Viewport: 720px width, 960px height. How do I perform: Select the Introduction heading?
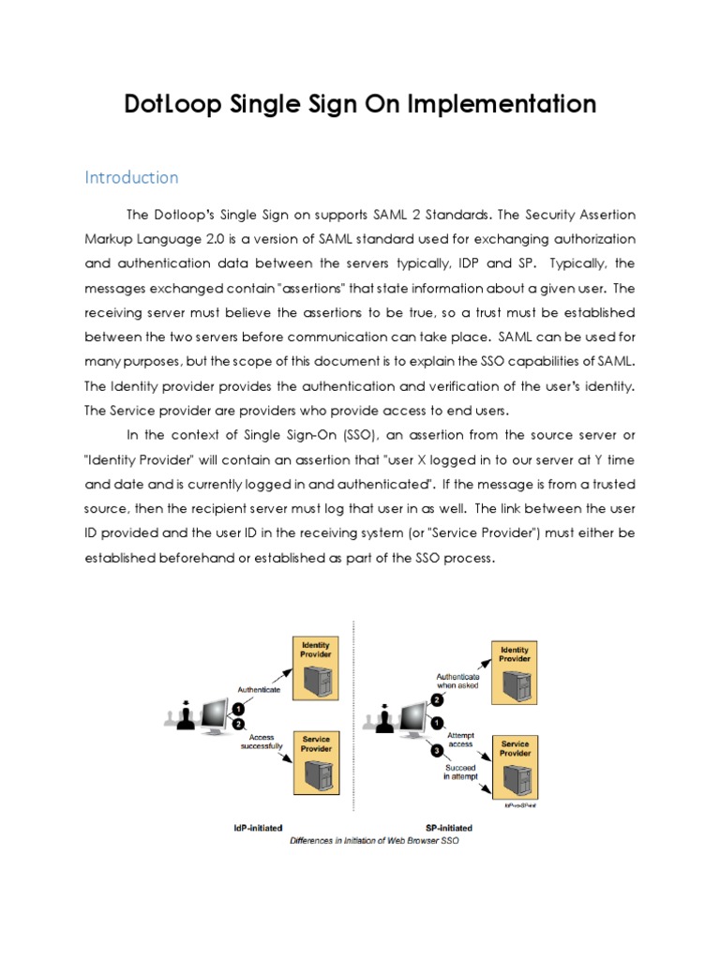(x=131, y=177)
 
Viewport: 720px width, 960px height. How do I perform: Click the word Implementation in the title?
(x=502, y=104)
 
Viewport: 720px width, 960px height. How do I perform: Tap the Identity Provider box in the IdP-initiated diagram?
(x=315, y=667)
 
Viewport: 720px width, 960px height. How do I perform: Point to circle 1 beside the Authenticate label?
(x=239, y=709)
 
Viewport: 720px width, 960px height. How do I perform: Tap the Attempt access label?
(x=461, y=740)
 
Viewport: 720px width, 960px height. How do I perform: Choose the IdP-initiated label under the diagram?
(x=260, y=829)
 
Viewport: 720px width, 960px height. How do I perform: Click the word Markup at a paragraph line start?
(x=112, y=239)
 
